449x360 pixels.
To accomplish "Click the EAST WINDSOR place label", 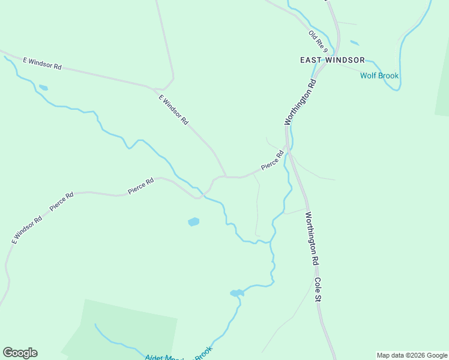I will pos(333,60).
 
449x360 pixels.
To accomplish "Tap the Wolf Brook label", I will pos(379,76).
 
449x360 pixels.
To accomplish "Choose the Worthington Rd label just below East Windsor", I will pos(300,100).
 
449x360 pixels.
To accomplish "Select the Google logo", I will pos(20,353).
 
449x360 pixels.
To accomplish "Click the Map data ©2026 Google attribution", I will pos(412,355).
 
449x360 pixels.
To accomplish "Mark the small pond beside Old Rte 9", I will pos(354,43).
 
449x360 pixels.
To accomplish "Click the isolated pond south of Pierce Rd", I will pos(193,222).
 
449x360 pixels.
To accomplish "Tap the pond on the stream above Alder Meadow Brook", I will pos(237,293).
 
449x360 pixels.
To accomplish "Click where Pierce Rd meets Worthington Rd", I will pos(289,149).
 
